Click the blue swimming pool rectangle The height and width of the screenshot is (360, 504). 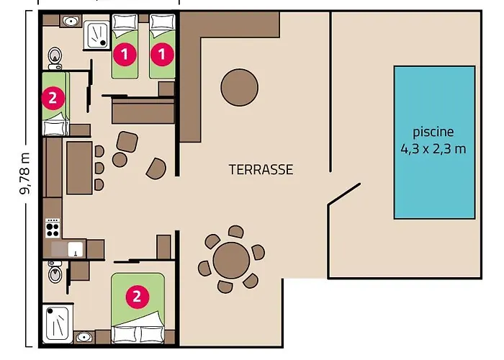click(434, 143)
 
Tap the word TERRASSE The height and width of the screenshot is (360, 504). click(261, 169)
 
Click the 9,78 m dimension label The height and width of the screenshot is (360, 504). click(24, 174)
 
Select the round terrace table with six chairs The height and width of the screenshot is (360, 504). click(231, 260)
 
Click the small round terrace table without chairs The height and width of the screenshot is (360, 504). click(240, 87)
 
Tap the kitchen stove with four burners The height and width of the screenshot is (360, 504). click(53, 228)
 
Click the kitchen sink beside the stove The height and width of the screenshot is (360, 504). click(76, 249)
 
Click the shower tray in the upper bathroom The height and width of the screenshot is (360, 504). click(96, 35)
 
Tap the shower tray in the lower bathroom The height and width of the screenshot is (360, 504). click(58, 324)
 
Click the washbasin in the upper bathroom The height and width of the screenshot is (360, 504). click(71, 22)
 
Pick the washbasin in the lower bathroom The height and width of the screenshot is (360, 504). click(84, 338)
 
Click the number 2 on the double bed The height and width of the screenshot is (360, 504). click(138, 297)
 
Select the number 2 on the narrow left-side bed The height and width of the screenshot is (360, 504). click(53, 98)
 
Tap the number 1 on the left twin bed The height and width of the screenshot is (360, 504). click(125, 54)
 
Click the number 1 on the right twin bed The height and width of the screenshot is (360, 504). click(162, 54)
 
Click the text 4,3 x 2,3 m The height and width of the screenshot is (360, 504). click(433, 149)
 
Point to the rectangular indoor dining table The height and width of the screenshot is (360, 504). click(79, 168)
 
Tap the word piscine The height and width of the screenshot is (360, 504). click(433, 132)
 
